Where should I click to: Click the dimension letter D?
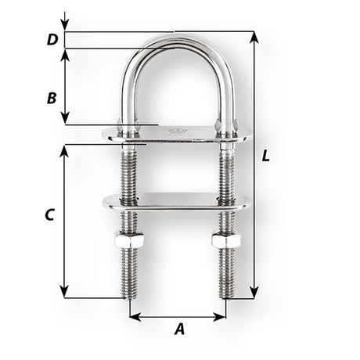[x=51, y=40]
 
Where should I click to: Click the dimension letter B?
[x=51, y=99]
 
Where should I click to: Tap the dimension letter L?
[x=267, y=156]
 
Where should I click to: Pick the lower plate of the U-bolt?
[x=175, y=202]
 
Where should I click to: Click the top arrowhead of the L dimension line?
[x=253, y=36]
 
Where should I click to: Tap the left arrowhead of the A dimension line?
[x=133, y=318]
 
